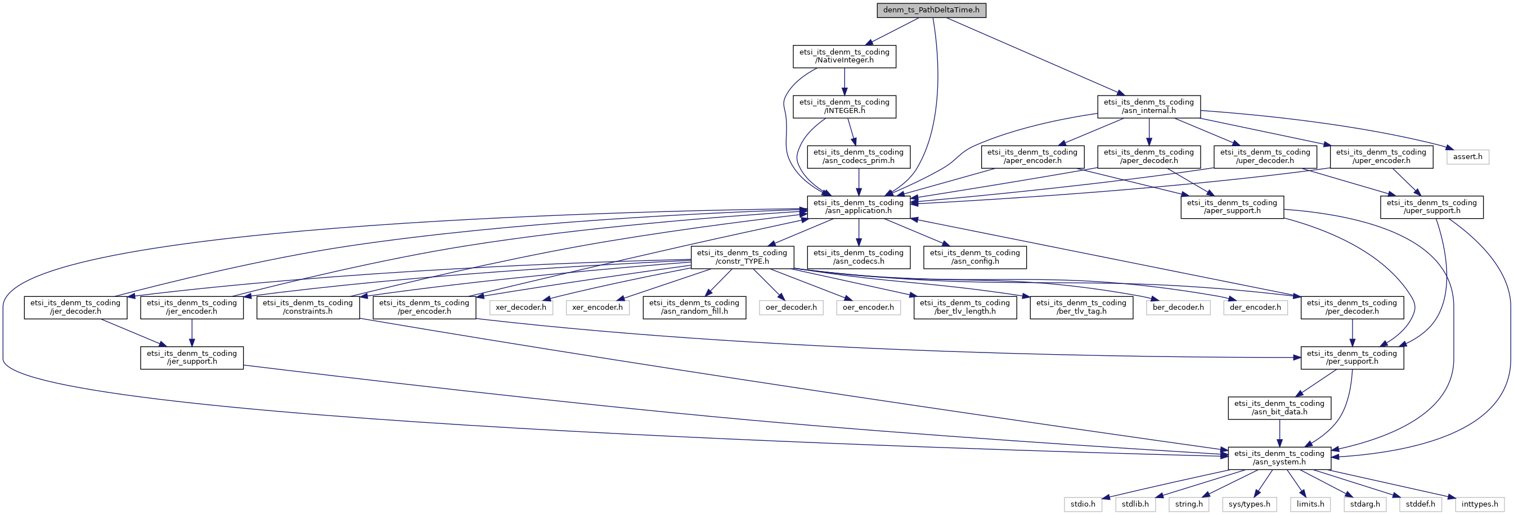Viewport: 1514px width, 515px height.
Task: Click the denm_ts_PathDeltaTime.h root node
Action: [x=931, y=11]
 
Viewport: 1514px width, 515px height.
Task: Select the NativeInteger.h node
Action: [x=844, y=56]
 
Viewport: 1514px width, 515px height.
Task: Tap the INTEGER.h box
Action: [x=844, y=106]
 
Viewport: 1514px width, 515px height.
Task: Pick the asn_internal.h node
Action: [x=1148, y=106]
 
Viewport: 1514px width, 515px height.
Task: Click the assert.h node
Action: [x=1467, y=157]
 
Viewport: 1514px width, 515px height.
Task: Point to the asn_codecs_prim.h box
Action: [x=858, y=157]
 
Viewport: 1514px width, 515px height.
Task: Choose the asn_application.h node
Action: [x=858, y=207]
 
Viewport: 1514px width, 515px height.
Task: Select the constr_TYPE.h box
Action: [x=742, y=257]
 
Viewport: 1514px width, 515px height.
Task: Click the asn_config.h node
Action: [x=974, y=257]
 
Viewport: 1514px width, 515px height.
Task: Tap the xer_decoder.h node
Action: [x=520, y=307]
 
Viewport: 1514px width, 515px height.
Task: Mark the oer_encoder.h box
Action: [x=868, y=307]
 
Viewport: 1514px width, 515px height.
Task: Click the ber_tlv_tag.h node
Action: [x=1081, y=307]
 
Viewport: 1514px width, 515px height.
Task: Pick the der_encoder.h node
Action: [x=1255, y=307]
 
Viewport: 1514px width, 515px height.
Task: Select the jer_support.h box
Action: [x=192, y=358]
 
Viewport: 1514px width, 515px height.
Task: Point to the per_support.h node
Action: [x=1352, y=358]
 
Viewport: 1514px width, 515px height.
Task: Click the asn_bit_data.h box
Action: [x=1279, y=408]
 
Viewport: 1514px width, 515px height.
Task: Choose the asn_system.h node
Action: [x=1279, y=458]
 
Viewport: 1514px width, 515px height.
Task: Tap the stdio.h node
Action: [x=1082, y=504]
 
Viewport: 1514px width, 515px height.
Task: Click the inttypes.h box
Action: [x=1479, y=504]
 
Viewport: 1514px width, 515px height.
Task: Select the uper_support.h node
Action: [x=1431, y=207]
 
